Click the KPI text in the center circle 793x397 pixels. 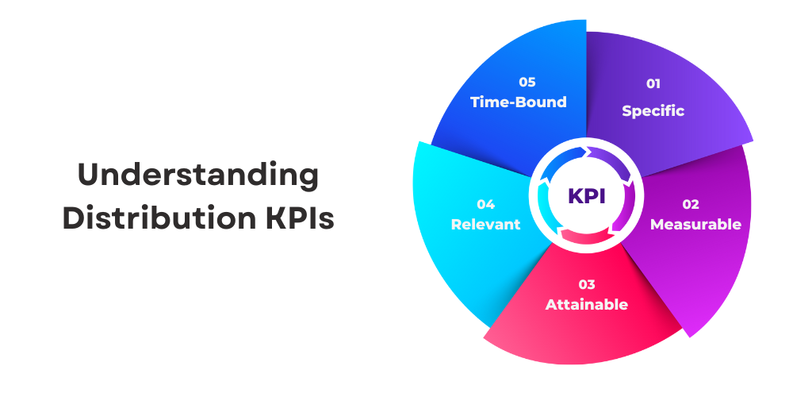click(x=587, y=196)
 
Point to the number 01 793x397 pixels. click(x=653, y=83)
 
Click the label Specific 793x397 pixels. click(x=653, y=110)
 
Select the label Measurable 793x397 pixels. click(x=695, y=225)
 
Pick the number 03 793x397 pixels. click(x=586, y=284)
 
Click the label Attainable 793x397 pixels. click(x=586, y=305)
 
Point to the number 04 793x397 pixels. click(x=485, y=203)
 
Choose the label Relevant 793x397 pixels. click(x=485, y=225)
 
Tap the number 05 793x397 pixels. click(x=527, y=82)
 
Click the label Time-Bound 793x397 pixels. click(x=519, y=102)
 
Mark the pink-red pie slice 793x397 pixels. click(x=587, y=333)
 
